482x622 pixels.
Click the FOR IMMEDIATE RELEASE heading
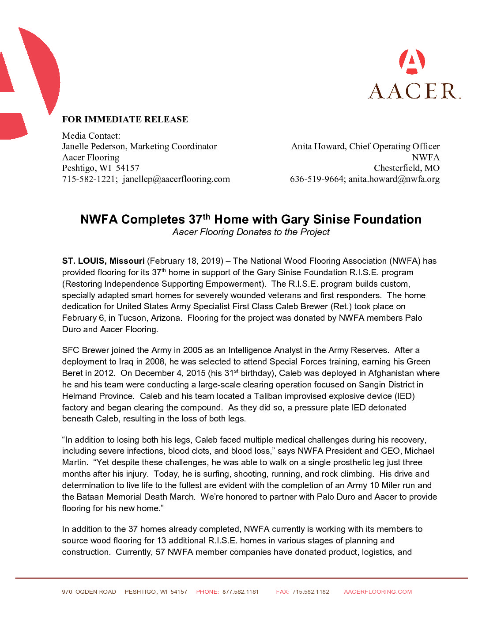pos(125,119)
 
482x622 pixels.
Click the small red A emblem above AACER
pos(412,62)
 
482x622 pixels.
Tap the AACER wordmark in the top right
pos(414,91)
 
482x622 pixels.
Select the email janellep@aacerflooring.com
pos(176,179)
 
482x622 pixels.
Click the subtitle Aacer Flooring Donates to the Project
pos(251,232)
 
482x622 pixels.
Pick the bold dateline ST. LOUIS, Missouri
pos(103,261)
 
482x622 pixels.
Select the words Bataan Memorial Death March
pos(134,497)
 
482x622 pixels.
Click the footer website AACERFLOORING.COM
pos(378,592)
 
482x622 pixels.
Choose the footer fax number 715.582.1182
pos(311,592)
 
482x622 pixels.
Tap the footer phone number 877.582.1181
pos(241,592)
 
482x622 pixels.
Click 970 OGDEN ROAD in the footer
pos(89,592)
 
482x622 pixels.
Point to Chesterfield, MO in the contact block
pos(407,168)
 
